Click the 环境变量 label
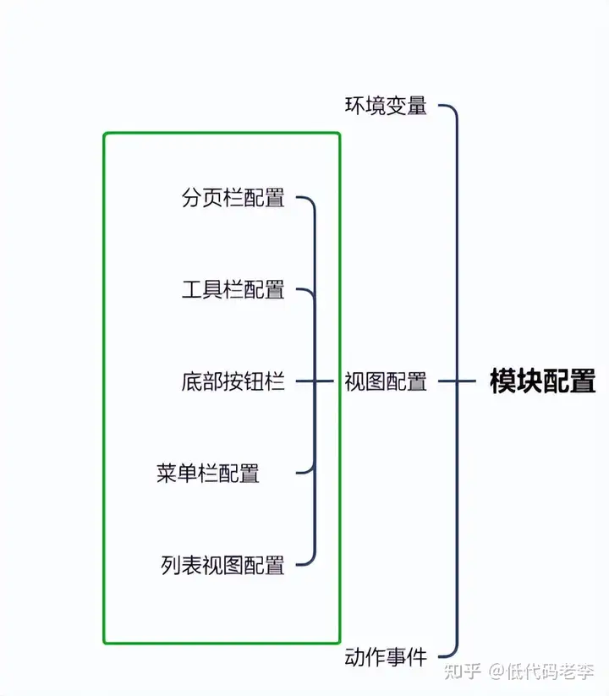tap(385, 106)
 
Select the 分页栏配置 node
tap(233, 199)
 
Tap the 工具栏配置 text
tap(233, 290)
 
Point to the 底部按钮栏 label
tap(233, 381)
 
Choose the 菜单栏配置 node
tap(207, 473)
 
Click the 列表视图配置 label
tap(222, 564)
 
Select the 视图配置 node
tap(385, 381)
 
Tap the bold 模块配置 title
tap(542, 381)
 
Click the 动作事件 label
tap(385, 656)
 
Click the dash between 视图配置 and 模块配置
tap(457, 381)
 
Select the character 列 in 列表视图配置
tap(171, 564)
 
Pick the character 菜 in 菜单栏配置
tap(166, 473)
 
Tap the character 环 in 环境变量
tap(354, 106)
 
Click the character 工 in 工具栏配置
tap(191, 290)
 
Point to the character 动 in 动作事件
tap(354, 656)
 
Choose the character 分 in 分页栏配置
tap(191, 199)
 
